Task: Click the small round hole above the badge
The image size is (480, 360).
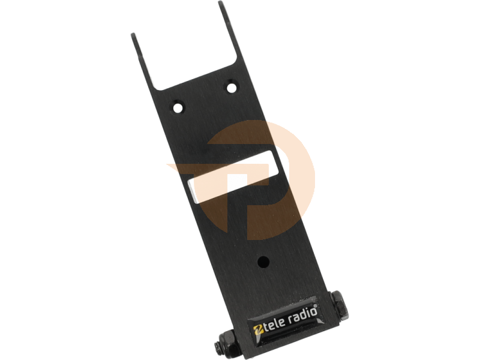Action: click(263, 262)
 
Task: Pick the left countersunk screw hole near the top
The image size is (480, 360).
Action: click(177, 107)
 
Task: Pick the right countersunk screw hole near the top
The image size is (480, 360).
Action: click(232, 88)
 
